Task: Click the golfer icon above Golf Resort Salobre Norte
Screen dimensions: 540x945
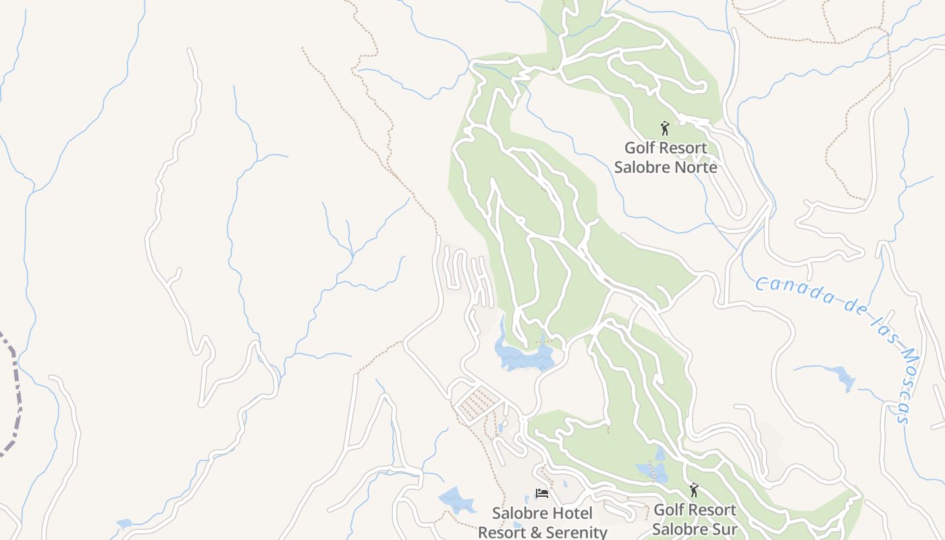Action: [x=665, y=128]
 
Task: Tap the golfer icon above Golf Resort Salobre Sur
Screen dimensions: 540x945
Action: [x=693, y=490]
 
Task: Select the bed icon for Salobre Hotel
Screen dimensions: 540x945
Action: [x=541, y=494]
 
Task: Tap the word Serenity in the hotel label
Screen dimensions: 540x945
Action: [x=575, y=532]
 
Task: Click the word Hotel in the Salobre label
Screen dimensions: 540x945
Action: [x=570, y=514]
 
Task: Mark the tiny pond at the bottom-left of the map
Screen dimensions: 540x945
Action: [x=124, y=523]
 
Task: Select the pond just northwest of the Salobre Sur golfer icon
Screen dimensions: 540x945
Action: [x=652, y=470]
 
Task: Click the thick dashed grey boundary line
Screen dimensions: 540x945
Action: [x=15, y=391]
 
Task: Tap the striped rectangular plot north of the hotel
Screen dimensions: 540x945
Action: [x=479, y=402]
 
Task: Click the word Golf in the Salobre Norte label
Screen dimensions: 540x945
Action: [x=639, y=148]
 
